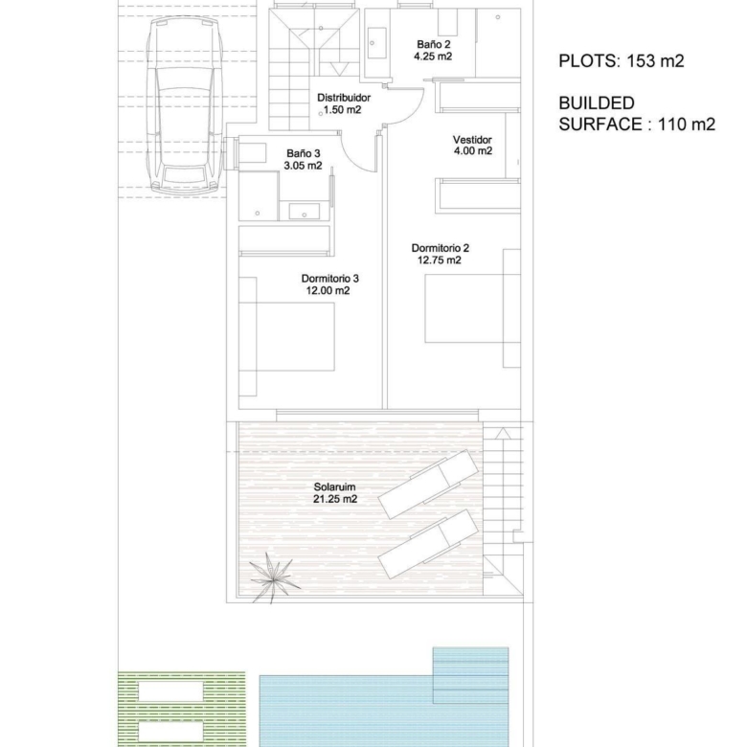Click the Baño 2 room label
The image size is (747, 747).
click(x=434, y=44)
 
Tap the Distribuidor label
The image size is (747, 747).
click(x=344, y=98)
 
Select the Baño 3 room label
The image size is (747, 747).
click(x=303, y=153)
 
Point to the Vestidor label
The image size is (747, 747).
click(x=472, y=140)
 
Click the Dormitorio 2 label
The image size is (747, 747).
click(x=441, y=248)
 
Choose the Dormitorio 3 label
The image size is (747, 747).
click(x=330, y=279)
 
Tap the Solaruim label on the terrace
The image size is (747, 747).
click(x=334, y=487)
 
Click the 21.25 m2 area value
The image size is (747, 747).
click(x=335, y=499)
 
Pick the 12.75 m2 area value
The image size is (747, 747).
click(x=440, y=260)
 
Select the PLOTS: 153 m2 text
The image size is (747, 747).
click(x=622, y=61)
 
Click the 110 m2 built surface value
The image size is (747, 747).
click(x=687, y=124)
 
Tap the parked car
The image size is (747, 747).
click(x=185, y=103)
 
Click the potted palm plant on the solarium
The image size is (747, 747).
click(x=274, y=577)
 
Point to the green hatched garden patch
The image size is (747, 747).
click(x=182, y=709)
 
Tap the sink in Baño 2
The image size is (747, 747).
click(x=376, y=43)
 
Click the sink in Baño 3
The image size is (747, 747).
click(x=305, y=211)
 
